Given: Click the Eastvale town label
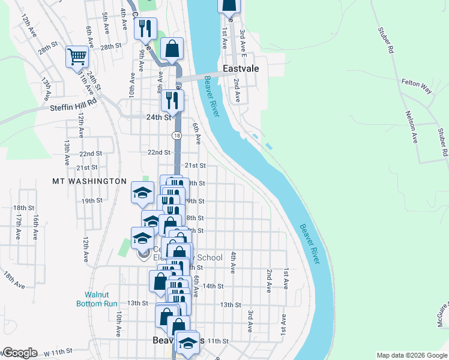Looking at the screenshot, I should [241, 69].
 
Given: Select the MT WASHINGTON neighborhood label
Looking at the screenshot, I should [89, 181].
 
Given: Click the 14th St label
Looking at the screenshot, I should [213, 286].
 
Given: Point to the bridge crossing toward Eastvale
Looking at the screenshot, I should [202, 77].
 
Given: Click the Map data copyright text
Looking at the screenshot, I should [411, 355].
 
